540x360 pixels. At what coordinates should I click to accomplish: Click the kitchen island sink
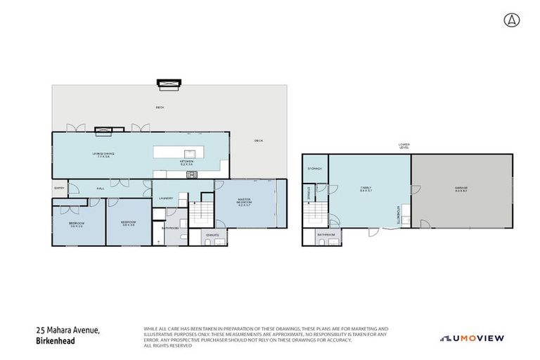click(190, 153)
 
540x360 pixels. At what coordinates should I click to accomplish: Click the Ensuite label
click(213, 233)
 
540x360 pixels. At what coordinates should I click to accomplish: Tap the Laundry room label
click(166, 199)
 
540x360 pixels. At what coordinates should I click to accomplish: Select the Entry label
click(59, 188)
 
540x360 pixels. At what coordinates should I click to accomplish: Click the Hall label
click(101, 188)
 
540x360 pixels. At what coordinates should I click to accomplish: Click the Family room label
click(366, 188)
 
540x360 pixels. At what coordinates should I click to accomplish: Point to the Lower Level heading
click(404, 146)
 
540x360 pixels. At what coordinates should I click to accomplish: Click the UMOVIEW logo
click(472, 338)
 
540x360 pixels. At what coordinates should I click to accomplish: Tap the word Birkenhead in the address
click(56, 341)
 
